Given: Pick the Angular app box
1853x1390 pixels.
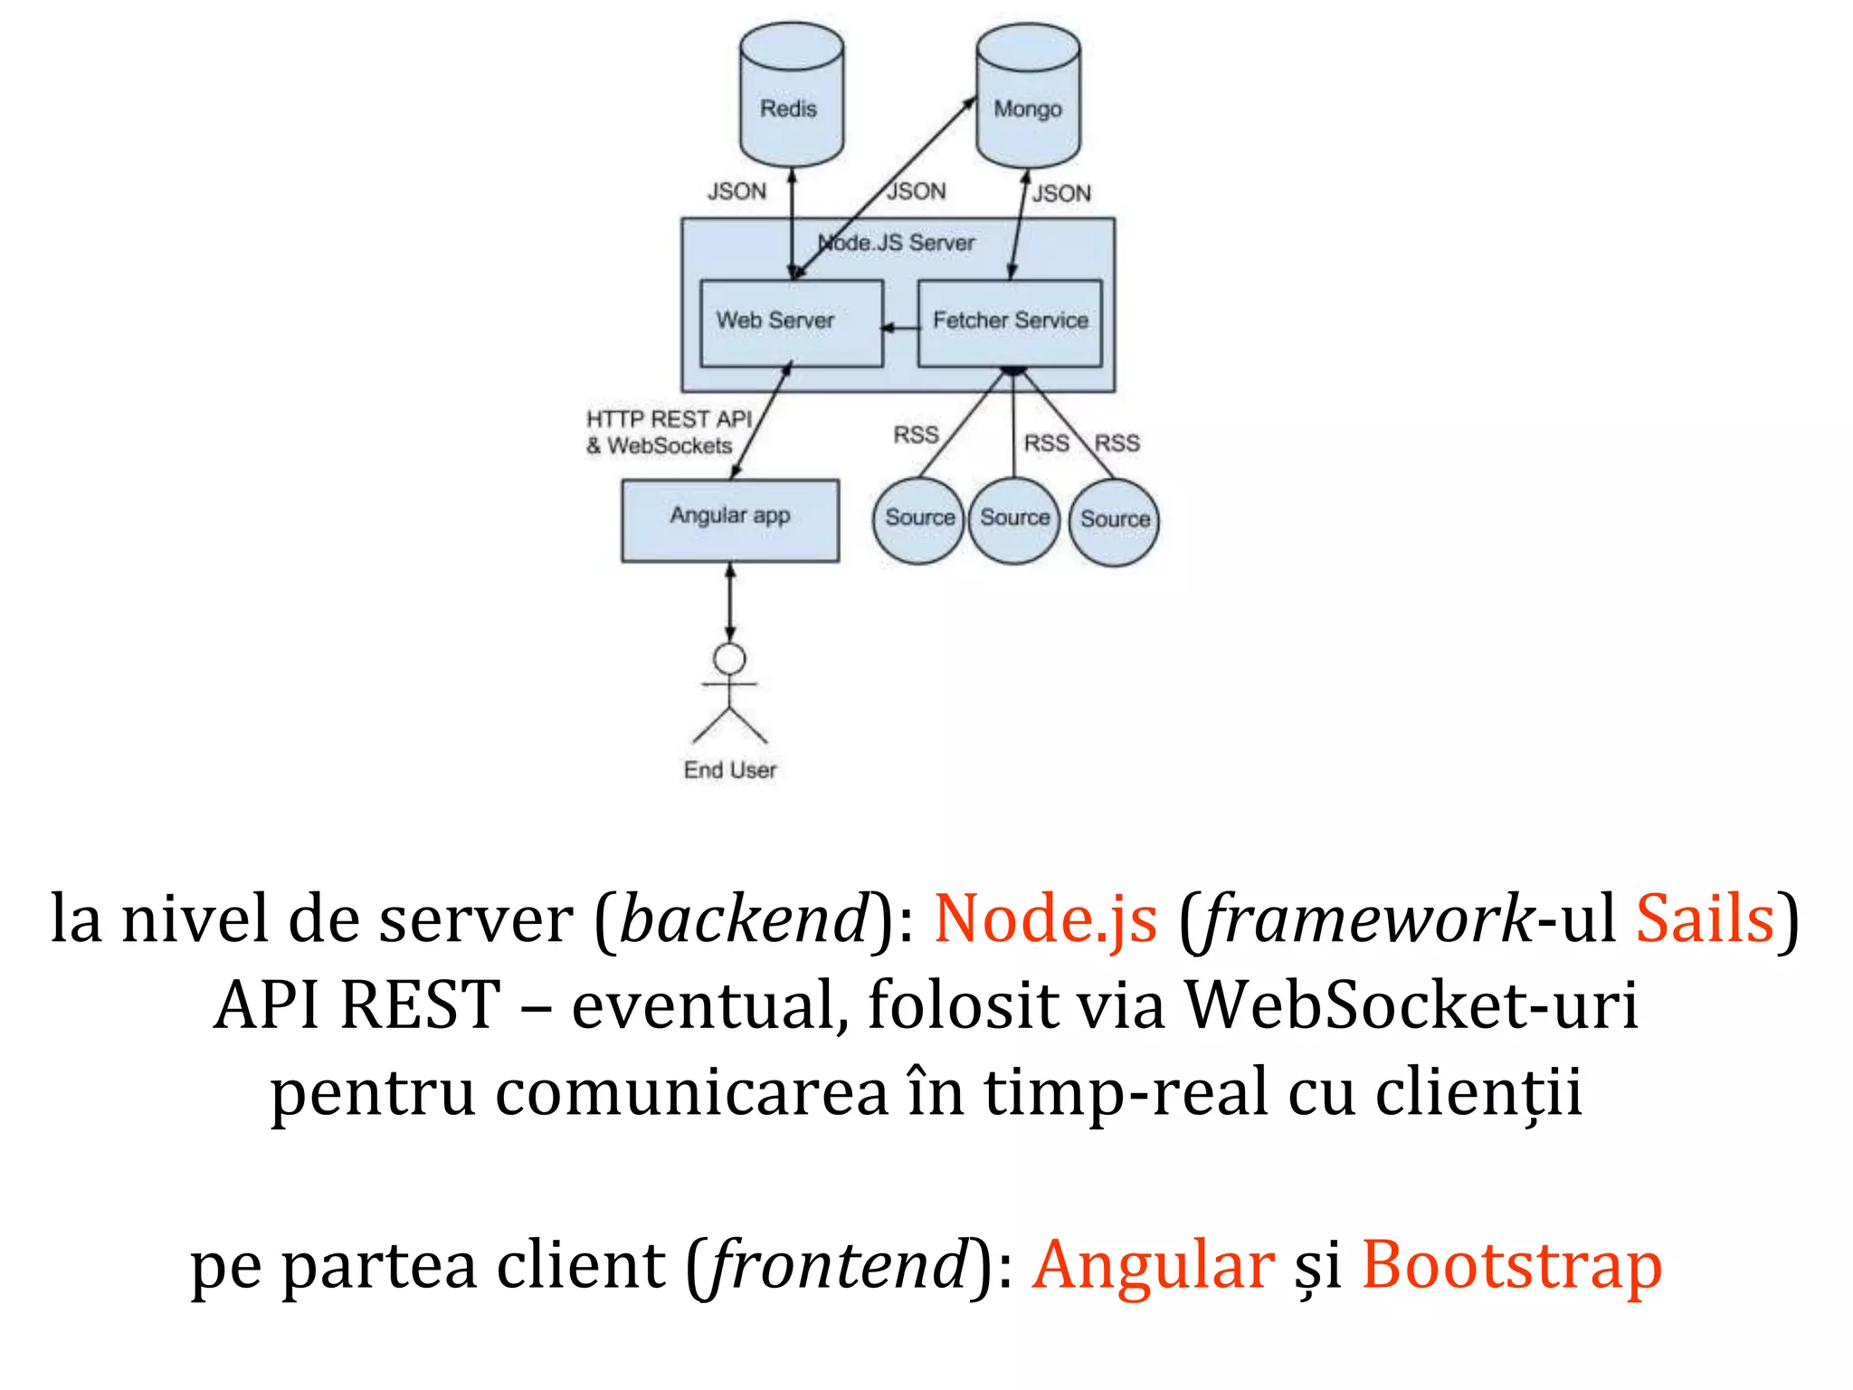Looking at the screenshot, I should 729,520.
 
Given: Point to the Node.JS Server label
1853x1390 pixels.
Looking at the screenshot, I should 896,243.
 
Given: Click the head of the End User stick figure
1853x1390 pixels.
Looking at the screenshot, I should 730,659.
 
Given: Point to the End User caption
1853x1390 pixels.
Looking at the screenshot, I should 729,770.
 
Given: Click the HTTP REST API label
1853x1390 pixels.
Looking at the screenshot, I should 669,420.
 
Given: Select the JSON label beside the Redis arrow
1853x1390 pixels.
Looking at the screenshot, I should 736,192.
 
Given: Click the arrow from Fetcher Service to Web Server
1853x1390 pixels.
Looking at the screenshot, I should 900,328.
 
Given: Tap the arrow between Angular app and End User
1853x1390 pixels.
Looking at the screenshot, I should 730,603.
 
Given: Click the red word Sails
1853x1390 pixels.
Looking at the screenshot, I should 1705,919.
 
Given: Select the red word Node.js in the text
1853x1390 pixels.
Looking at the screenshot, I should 1045,919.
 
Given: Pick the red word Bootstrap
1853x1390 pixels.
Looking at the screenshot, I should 1511,1265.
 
